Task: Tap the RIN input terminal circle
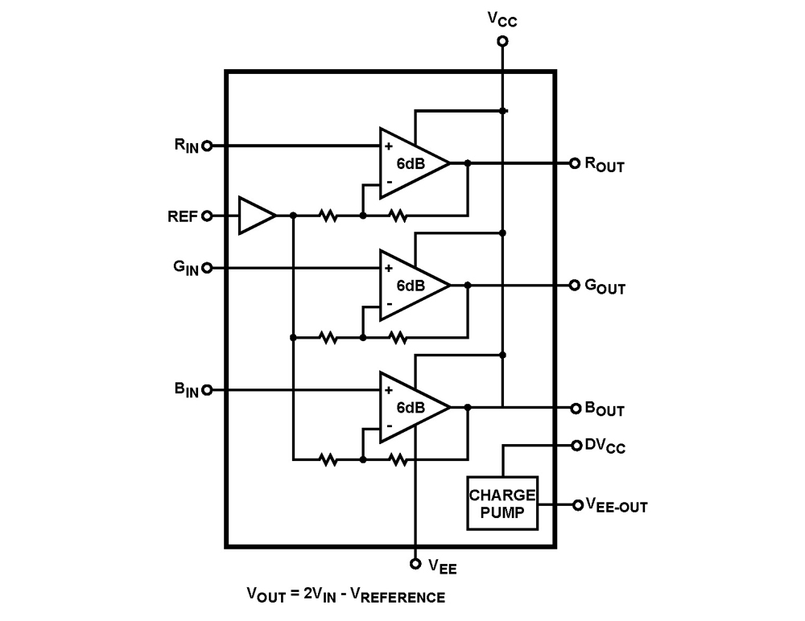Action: tap(207, 146)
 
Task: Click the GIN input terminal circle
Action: tap(207, 268)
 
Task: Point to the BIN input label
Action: tap(185, 390)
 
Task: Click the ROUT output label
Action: tap(604, 165)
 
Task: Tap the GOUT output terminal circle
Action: tap(575, 286)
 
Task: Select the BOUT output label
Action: tap(604, 410)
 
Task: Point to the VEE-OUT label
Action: tap(616, 506)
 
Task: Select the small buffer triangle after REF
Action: tap(255, 216)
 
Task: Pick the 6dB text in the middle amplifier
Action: tap(411, 286)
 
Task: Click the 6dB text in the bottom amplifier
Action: tap(411, 408)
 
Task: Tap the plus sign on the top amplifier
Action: tap(389, 146)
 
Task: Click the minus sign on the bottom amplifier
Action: tap(389, 426)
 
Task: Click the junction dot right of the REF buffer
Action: tap(293, 216)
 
